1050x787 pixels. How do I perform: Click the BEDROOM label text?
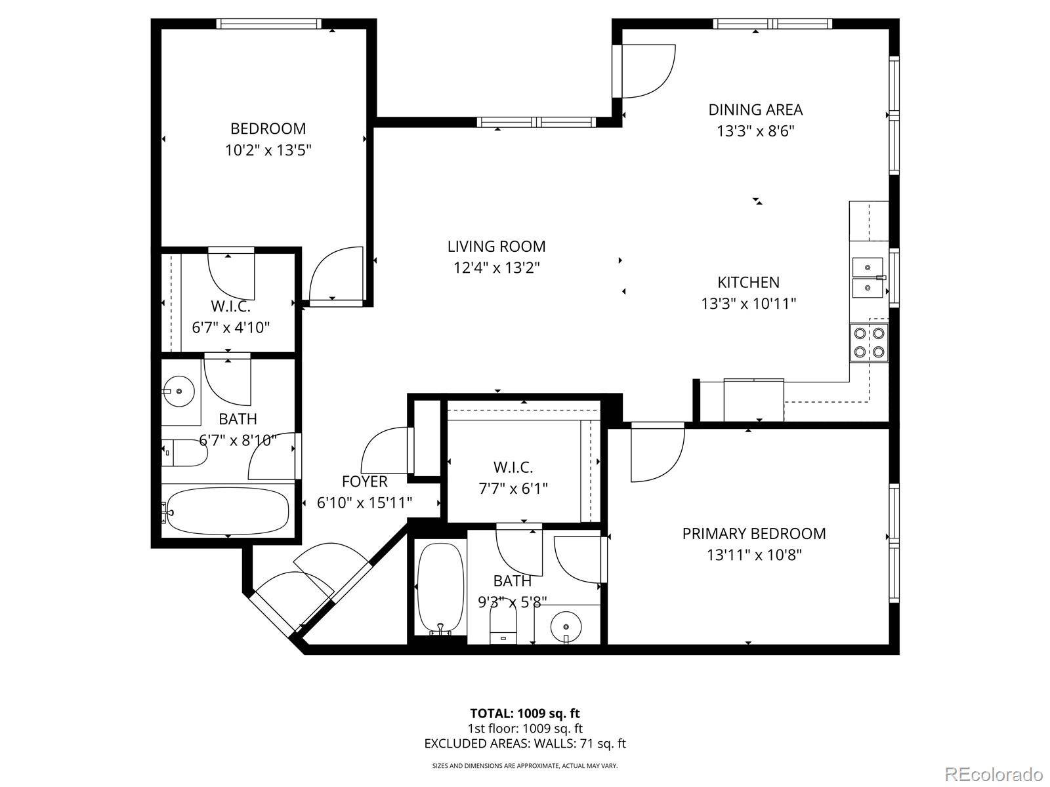268,129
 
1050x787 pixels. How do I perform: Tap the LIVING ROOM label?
497,247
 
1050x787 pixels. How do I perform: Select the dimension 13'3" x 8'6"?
755,131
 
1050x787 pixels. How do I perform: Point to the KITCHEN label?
749,283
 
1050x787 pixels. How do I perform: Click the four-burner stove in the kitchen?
869,342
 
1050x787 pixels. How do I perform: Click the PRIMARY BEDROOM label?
754,534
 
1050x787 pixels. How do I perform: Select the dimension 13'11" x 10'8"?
755,555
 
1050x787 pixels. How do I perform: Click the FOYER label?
364,481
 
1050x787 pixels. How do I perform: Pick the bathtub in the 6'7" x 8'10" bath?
227,512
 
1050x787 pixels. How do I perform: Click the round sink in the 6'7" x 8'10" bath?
178,392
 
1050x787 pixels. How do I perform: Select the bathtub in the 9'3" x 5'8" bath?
440,589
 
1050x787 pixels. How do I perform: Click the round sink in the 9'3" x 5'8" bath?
566,626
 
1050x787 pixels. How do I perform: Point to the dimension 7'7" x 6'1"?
513,489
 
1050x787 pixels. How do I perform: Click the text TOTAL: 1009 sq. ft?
525,714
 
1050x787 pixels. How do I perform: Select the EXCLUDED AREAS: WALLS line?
525,744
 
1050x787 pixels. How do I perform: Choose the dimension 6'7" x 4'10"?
231,328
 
